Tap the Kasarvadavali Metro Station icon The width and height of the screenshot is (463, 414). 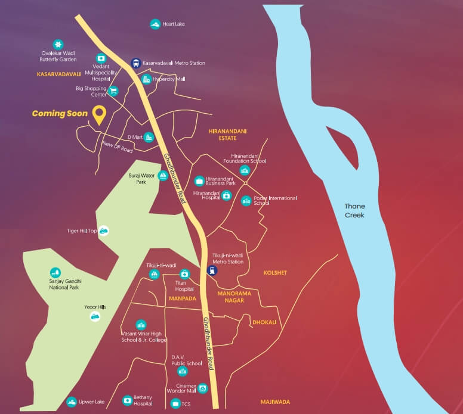coord(136,63)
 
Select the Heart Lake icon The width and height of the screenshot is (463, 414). coord(155,24)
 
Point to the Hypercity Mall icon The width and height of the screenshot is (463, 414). coord(146,79)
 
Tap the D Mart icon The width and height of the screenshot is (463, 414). coord(149,137)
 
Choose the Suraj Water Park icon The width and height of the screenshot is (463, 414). coord(162,176)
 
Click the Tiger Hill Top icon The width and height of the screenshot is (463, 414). coord(104,231)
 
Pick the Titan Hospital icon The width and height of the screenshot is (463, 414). coord(185,273)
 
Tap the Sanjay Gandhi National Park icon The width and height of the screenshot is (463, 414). coord(55,272)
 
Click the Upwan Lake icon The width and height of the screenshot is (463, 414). coord(72,402)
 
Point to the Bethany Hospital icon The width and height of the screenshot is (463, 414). coord(127,400)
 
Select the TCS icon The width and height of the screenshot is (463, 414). coord(175,403)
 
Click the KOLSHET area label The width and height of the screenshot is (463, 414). coord(275,273)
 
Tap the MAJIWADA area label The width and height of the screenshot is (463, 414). coord(275,402)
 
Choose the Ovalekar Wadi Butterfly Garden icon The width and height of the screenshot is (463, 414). coord(57,44)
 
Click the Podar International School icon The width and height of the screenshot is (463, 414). coord(246,201)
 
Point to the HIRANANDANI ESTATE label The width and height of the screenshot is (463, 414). coord(228,135)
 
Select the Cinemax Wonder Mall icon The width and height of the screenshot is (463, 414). coord(203,388)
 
